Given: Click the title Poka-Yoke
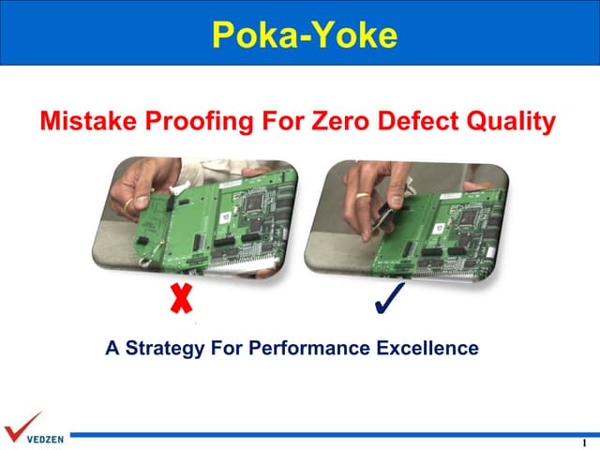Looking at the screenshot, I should click(x=305, y=34).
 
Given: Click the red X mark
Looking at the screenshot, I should click(x=181, y=298).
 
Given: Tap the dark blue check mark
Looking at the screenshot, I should click(x=387, y=298).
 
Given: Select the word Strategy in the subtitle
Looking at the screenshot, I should click(x=165, y=349).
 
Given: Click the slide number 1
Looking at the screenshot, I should click(x=583, y=442).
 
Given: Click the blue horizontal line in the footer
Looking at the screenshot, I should click(x=328, y=434).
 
